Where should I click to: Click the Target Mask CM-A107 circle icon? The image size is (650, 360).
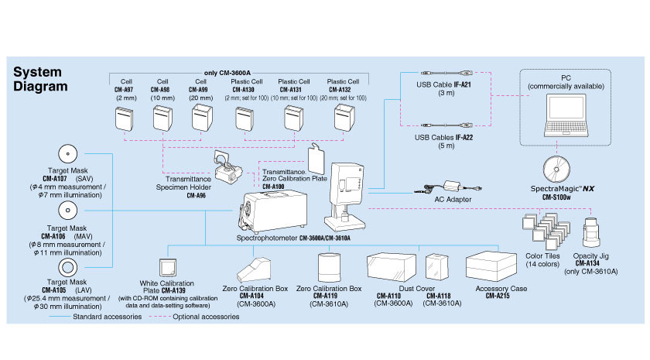point(66,152)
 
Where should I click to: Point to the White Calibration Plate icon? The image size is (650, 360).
point(167,268)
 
